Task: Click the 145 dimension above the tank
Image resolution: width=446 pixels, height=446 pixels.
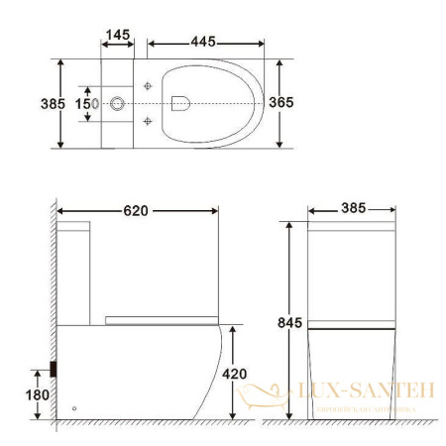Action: tap(117, 35)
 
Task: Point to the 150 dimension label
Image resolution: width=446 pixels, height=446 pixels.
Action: tap(86, 103)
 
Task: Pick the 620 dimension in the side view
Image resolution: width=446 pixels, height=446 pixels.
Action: tap(137, 210)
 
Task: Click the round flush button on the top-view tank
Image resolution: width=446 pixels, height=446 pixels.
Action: tap(118, 102)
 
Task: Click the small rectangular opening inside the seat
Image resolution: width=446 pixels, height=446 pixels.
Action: tap(180, 101)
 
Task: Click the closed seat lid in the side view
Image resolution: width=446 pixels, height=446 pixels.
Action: tap(161, 318)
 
